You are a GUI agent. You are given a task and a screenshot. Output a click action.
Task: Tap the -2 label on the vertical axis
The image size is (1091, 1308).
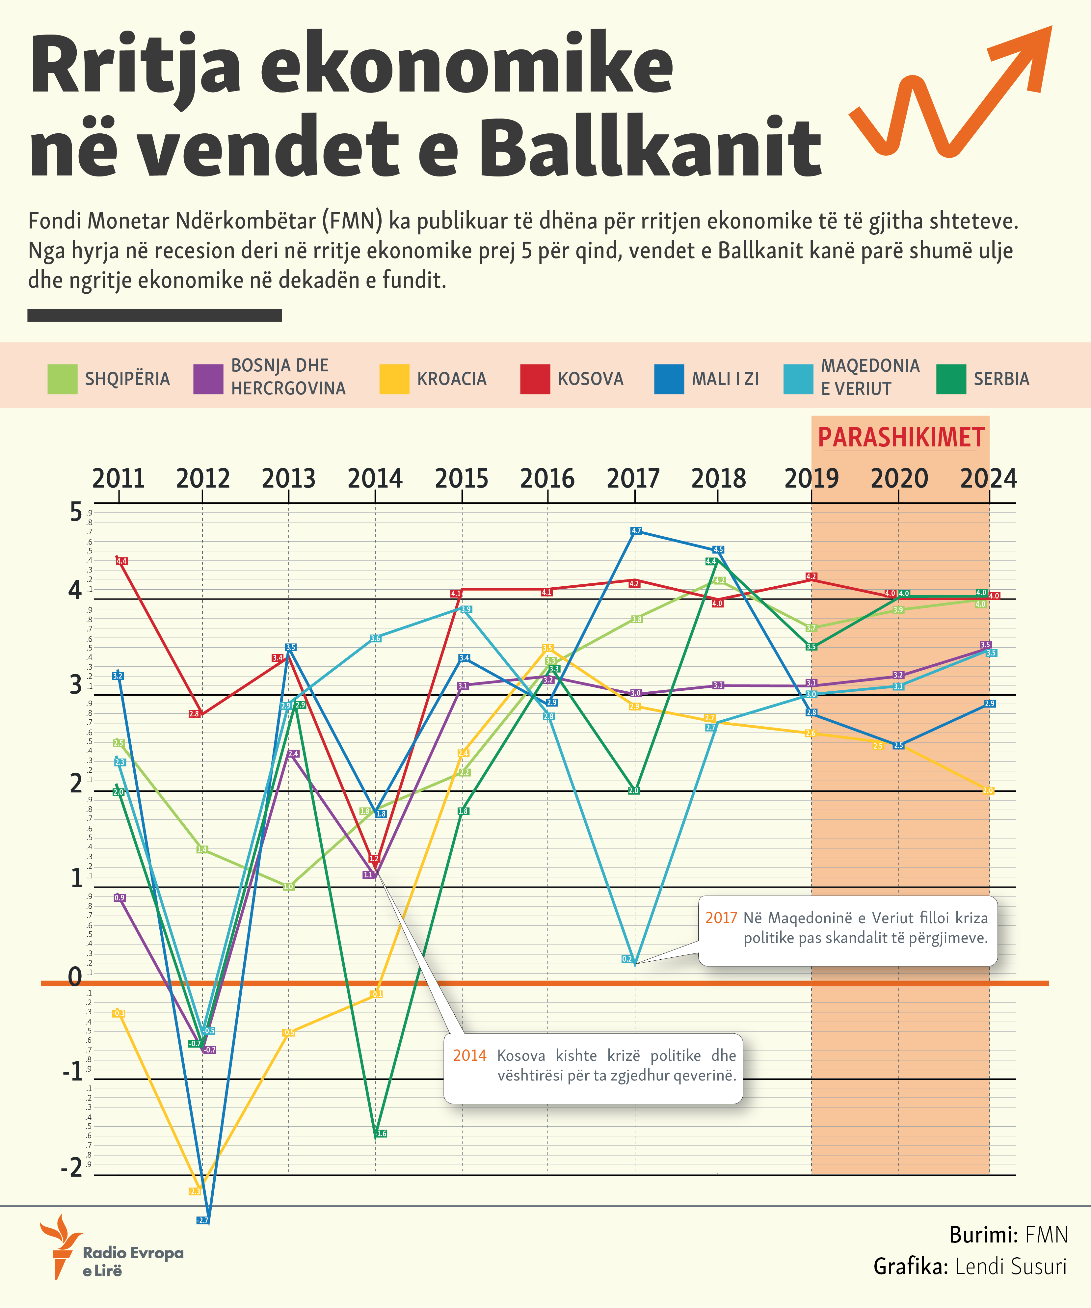pos(72,1167)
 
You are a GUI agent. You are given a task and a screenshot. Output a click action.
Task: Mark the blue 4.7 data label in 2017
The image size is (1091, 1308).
pos(636,531)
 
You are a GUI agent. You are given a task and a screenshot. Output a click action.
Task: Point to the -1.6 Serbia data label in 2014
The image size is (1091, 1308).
pos(381,1134)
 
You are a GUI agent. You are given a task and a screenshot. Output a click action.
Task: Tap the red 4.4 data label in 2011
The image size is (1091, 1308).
pos(121,561)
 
